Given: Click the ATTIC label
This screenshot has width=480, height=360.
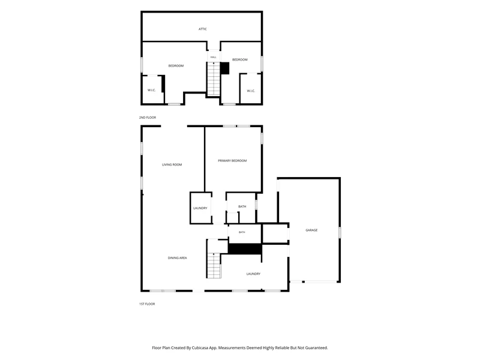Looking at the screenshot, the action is (202, 29).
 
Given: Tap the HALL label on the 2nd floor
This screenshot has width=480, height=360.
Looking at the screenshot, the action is (214, 57).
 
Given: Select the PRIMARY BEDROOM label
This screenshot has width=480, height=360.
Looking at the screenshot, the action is (232, 161).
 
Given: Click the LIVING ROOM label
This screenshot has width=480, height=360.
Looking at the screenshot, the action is (172, 164).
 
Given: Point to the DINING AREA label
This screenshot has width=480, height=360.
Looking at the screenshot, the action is (177, 258).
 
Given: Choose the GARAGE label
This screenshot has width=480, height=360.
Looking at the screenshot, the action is (311, 230).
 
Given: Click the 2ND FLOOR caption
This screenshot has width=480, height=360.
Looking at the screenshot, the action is (148, 118).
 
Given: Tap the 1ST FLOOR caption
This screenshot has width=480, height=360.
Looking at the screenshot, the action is (147, 304).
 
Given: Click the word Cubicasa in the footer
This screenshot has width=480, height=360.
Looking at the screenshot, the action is (200, 348).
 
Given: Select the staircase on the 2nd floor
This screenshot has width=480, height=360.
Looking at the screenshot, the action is (214, 79).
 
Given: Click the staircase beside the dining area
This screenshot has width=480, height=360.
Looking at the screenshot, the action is (214, 265).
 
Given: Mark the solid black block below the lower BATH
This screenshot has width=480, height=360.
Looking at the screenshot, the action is (245, 249).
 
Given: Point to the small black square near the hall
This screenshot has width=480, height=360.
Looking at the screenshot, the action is (225, 68).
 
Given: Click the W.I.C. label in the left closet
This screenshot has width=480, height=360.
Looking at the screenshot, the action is (152, 91).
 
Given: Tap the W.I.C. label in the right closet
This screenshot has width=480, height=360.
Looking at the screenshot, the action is (251, 91).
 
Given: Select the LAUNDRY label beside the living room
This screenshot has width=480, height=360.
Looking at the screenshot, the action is (200, 208).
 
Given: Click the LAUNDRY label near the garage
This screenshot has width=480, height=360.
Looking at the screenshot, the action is (253, 274).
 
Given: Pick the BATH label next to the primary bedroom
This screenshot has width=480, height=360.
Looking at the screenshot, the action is (242, 206).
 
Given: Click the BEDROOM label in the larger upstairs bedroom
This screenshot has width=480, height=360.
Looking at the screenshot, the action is (176, 66).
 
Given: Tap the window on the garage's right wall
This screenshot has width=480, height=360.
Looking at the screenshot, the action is (340, 232).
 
